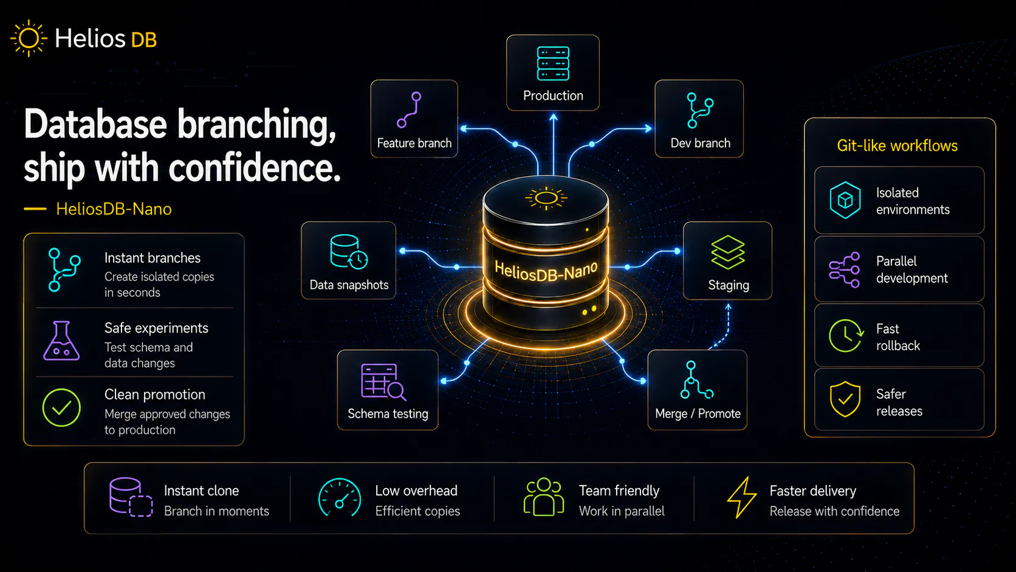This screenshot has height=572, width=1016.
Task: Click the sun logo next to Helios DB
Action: coord(29,38)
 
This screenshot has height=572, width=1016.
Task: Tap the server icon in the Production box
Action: coord(553,63)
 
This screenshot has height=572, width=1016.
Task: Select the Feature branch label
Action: coord(414,143)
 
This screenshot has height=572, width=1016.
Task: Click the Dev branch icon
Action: coord(700,110)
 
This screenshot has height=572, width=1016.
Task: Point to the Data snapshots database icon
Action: coord(348,252)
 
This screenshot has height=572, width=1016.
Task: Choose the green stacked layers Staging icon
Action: coord(728,252)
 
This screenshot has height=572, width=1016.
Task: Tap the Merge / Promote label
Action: coord(698,414)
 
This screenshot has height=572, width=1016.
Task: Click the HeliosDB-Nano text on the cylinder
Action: coord(546,271)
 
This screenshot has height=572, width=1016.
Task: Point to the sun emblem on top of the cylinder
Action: coord(546,198)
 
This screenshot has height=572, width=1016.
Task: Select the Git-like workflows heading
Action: coord(897,146)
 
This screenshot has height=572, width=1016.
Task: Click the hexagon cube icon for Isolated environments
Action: coord(845,200)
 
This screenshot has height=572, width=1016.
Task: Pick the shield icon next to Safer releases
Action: coord(845,399)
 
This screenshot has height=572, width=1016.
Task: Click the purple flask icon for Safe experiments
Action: coord(62,340)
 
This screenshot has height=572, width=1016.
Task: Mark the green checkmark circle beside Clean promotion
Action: coord(62,407)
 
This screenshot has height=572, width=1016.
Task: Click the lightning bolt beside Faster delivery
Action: coord(742,497)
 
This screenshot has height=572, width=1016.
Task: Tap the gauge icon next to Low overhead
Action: coord(339,498)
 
